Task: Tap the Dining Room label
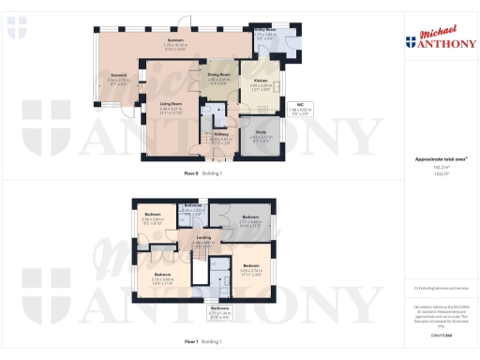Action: pyautogui.click(x=218, y=80)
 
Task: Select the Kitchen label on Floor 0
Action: pyautogui.click(x=262, y=83)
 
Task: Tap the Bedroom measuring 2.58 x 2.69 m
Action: pyautogui.click(x=154, y=217)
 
